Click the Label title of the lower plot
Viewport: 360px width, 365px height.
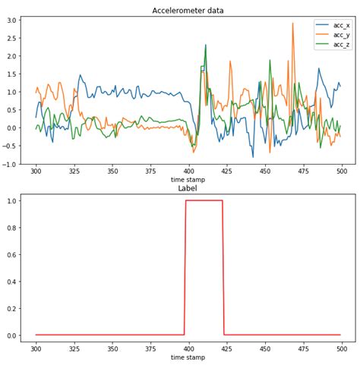188,188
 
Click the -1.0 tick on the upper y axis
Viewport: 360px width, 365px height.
11,164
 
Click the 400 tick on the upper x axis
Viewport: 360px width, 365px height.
188,172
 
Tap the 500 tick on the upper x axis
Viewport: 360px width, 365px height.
340,172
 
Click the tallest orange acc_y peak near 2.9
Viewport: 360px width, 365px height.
292,24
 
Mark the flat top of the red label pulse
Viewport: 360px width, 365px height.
204,200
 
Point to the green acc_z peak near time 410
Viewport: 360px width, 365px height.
205,46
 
